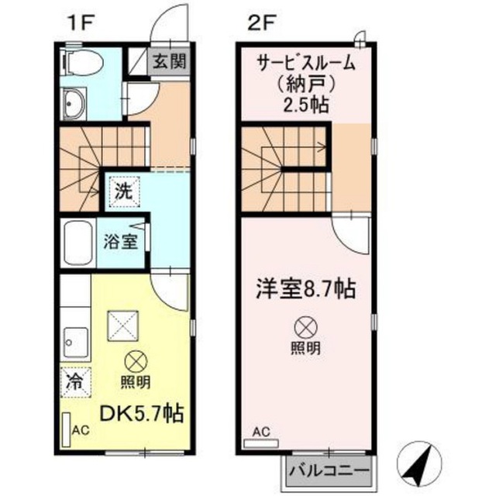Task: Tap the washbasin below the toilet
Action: [74, 103]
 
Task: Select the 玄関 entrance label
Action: [170, 61]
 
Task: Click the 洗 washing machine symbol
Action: [124, 191]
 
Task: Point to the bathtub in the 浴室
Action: [78, 243]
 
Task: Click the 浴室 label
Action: [121, 243]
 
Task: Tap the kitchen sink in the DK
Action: [76, 342]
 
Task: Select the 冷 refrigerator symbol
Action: [76, 382]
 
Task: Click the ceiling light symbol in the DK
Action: [136, 363]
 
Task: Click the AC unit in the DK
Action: [66, 429]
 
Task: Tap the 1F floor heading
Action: [81, 24]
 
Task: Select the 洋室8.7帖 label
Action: [306, 288]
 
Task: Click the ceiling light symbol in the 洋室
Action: [306, 327]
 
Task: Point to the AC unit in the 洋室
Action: [261, 443]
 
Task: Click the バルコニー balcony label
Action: [329, 470]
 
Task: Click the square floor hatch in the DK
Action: [123, 326]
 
